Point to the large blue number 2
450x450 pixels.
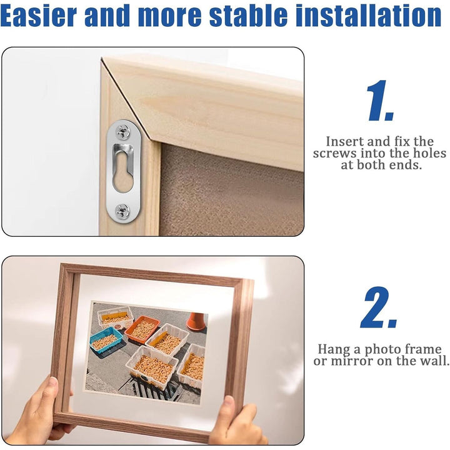(378, 307)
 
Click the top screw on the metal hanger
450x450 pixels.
(122, 131)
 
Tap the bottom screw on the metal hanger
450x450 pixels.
(122, 211)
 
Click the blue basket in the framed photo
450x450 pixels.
(106, 340)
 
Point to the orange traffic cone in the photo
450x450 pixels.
(196, 321)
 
